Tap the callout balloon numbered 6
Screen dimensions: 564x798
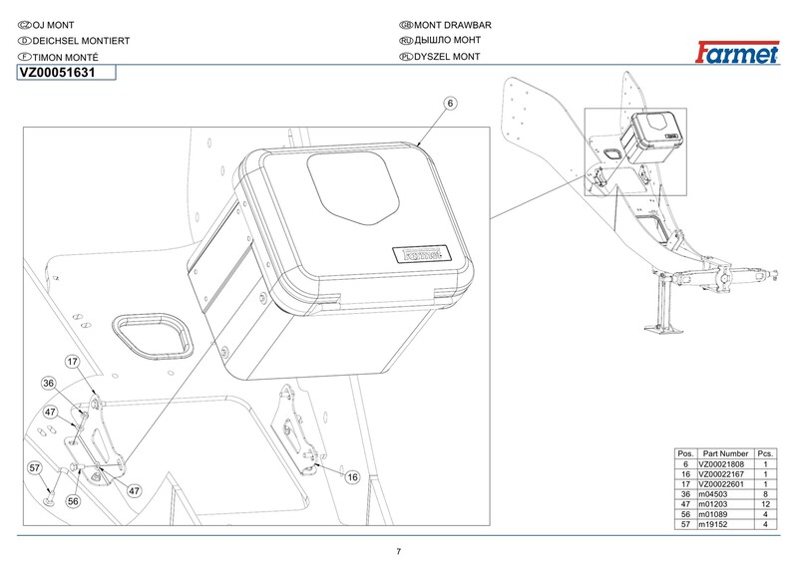pyautogui.click(x=450, y=103)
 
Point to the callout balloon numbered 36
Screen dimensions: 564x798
pyautogui.click(x=48, y=383)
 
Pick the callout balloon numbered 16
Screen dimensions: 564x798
pyautogui.click(x=352, y=478)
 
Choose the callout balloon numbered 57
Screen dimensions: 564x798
pyautogui.click(x=34, y=467)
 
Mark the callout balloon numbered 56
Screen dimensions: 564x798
pyautogui.click(x=73, y=503)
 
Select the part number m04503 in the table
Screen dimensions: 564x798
pyautogui.click(x=713, y=494)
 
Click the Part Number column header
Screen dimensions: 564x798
pyautogui.click(x=725, y=453)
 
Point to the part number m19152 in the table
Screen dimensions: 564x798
pyautogui.click(x=713, y=524)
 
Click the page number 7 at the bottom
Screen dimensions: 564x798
pyautogui.click(x=399, y=551)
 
